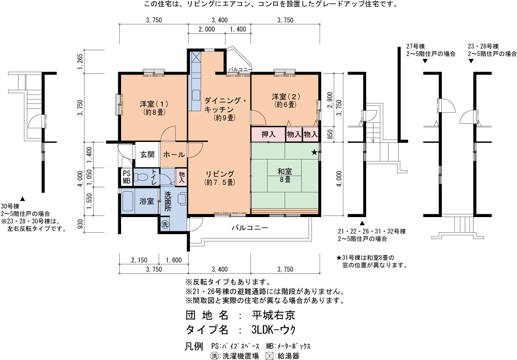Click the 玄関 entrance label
click(x=147, y=154)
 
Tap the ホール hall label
click(x=174, y=155)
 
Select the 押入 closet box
click(x=268, y=134)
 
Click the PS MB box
click(x=126, y=177)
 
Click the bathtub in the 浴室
click(x=127, y=201)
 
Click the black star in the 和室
click(x=314, y=152)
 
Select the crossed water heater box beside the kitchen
click(x=196, y=57)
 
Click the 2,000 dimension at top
click(x=207, y=29)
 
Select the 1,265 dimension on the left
click(x=80, y=61)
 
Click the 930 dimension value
click(x=80, y=224)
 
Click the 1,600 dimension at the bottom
click(x=174, y=260)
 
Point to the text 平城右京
click(x=273, y=315)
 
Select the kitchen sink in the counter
click(x=196, y=95)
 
